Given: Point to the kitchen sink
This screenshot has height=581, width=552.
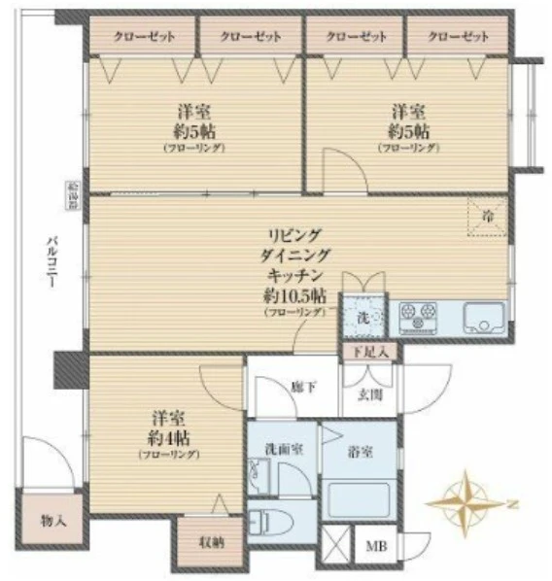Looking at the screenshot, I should pos(482,317).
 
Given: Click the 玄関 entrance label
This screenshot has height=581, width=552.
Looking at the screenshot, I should pos(369,393).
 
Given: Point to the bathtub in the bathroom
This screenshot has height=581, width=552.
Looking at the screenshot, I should pos(361,498).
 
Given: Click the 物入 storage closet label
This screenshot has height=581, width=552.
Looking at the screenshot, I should pos(53,520).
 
